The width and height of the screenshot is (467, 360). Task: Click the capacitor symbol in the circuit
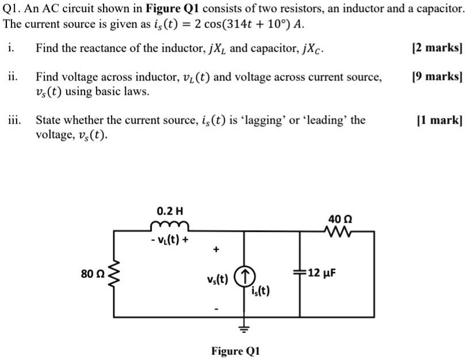click(x=299, y=272)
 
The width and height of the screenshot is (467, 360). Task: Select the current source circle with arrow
click(x=245, y=275)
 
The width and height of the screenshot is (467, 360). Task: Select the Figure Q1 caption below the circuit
click(x=236, y=351)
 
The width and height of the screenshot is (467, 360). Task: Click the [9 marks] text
click(x=437, y=76)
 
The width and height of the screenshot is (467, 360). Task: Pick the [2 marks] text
click(x=437, y=48)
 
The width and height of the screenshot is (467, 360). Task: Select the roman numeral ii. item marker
click(x=13, y=76)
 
